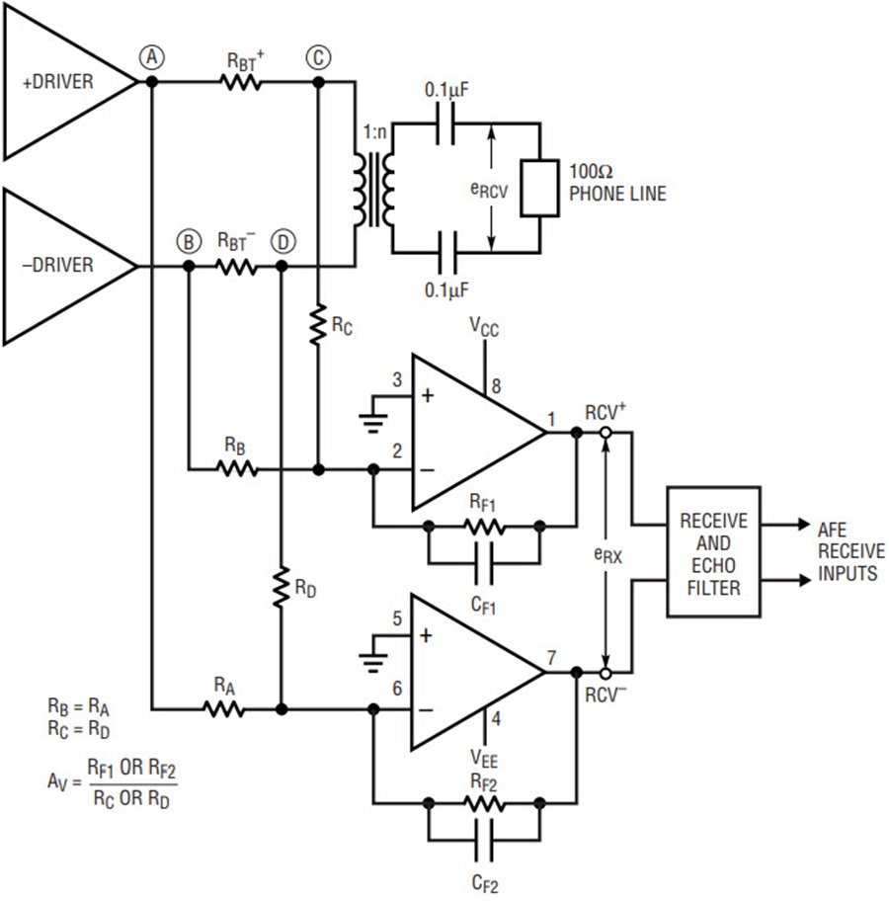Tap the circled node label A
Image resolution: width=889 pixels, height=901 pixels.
(x=152, y=57)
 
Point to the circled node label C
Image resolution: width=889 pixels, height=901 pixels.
(x=318, y=57)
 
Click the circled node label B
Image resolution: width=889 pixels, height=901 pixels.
(x=189, y=242)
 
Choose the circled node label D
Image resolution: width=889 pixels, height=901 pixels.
(x=283, y=242)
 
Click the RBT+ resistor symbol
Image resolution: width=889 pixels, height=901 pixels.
(x=241, y=82)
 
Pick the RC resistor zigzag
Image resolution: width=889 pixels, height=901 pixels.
(x=318, y=325)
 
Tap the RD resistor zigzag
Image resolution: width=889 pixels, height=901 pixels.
(x=282, y=587)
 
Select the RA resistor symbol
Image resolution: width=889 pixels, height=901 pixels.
(x=224, y=709)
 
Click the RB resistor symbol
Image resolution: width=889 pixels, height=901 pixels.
(x=237, y=469)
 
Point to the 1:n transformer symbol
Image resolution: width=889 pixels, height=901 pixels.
(x=374, y=190)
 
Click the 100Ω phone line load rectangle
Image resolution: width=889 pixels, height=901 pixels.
(x=539, y=189)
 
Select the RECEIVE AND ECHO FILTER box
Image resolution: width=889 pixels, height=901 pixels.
(x=714, y=552)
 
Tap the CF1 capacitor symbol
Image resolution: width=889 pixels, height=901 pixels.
(x=484, y=563)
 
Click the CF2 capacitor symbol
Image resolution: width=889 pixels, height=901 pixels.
(x=484, y=840)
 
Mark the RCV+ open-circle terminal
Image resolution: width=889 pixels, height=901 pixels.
(x=606, y=432)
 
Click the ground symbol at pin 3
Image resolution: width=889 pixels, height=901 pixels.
(x=373, y=423)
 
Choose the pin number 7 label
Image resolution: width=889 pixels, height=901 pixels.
(x=552, y=657)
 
